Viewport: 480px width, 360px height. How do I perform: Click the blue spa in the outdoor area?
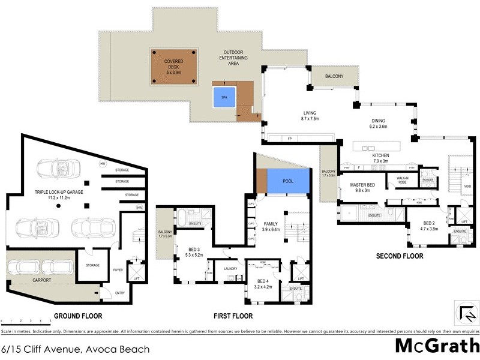coord(223,97)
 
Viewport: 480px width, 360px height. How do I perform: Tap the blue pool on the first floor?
coord(288,181)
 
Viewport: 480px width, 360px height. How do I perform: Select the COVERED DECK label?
coord(175,66)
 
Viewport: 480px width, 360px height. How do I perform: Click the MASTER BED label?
coord(362,188)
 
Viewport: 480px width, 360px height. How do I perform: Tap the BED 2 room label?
coord(429,225)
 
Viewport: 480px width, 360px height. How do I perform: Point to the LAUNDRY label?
coord(231,269)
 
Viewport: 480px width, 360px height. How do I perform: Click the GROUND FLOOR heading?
coord(78,316)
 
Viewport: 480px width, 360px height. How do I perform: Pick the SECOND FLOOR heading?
coord(400,256)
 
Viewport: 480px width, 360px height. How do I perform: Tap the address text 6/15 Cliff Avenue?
coord(75,349)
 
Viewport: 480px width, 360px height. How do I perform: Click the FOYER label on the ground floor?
coord(118,270)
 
